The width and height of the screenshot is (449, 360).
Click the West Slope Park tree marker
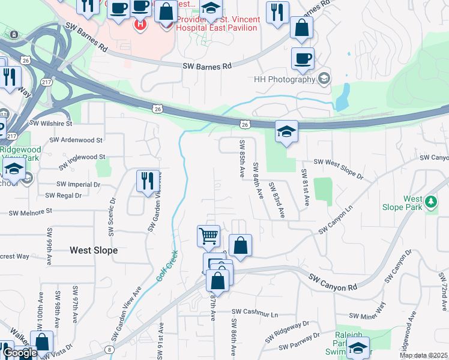[431, 203]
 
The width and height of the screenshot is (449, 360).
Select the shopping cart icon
[208, 236]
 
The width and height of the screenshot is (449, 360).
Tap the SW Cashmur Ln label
[256, 313]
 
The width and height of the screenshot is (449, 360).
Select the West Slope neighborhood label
[94, 250]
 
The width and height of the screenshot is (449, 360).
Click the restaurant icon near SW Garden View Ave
[147, 181]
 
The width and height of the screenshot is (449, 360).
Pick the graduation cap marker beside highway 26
[286, 131]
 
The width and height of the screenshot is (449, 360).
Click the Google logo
[19, 353]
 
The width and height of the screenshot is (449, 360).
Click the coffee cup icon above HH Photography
[303, 59]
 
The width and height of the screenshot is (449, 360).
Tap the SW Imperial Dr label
[78, 184]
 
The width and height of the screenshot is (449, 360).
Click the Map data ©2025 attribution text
[423, 355]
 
